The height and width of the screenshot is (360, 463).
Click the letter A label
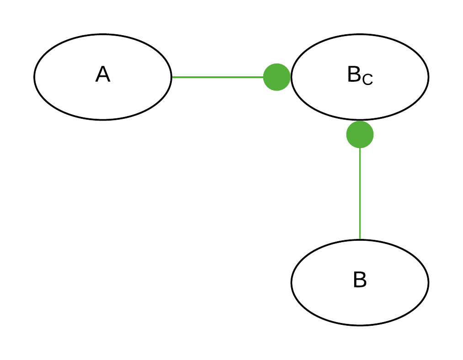103,74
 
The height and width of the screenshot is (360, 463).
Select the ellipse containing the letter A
69,91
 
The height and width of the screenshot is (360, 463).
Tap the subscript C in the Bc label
367,79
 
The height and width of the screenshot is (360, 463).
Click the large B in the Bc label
354,75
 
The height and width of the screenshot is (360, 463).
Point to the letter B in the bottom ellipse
360,280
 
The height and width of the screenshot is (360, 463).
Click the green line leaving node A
217,77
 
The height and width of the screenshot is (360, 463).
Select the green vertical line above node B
360,192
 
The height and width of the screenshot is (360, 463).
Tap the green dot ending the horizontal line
277,77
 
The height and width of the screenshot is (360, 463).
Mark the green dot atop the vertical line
360,135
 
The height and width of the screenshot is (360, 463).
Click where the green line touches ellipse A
172,77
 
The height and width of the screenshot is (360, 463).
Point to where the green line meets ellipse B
360,240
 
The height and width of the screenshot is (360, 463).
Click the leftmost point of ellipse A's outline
34,77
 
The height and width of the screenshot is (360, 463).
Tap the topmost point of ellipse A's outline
103,34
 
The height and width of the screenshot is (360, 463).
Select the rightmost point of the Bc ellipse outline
428,77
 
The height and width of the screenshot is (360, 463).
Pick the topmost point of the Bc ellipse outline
360,34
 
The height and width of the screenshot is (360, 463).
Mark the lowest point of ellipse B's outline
360,325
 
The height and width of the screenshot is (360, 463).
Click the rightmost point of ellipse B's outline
428,283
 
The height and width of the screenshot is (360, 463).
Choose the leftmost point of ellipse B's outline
292,283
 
